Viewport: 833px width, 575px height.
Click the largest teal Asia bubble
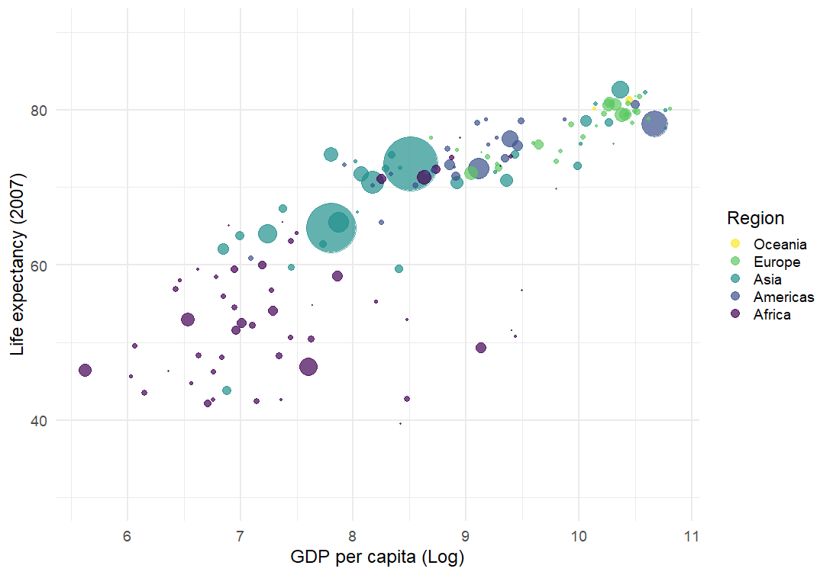tap(410, 164)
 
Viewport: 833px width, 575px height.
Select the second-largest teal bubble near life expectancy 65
tap(331, 228)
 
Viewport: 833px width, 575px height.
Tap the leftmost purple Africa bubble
tap(85, 371)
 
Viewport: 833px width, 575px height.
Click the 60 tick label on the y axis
tap(38, 265)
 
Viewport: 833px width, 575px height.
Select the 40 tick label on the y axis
tap(38, 420)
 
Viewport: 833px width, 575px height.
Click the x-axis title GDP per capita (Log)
tap(377, 557)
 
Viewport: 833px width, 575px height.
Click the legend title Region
tap(755, 218)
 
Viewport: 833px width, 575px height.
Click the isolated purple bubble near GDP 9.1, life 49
tap(481, 348)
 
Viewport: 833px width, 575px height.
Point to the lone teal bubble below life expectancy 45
tap(227, 390)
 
